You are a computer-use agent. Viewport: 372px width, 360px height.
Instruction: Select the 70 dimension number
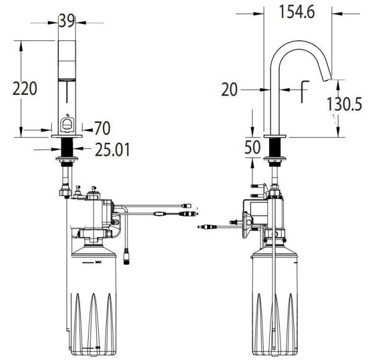(102, 128)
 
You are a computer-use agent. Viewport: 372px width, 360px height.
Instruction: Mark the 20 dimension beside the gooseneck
(229, 90)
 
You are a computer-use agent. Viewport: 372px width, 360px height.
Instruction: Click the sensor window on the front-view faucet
(66, 125)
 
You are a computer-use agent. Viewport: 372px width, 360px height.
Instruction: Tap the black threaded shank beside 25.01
(67, 149)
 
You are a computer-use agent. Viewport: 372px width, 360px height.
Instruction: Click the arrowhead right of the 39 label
(81, 22)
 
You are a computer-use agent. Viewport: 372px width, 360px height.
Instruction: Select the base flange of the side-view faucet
(274, 136)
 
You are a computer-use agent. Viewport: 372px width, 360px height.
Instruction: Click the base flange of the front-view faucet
(67, 135)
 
